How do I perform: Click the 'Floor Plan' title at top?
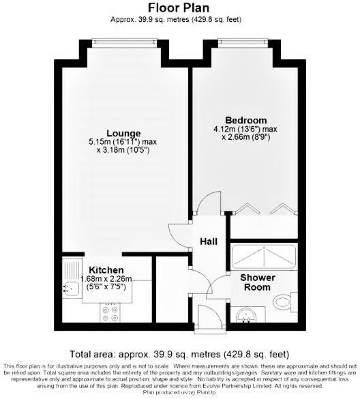(179, 8)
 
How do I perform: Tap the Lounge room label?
(123, 133)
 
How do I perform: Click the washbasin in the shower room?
(246, 315)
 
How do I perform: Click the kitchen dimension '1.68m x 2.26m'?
(106, 279)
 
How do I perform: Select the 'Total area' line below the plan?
(179, 355)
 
